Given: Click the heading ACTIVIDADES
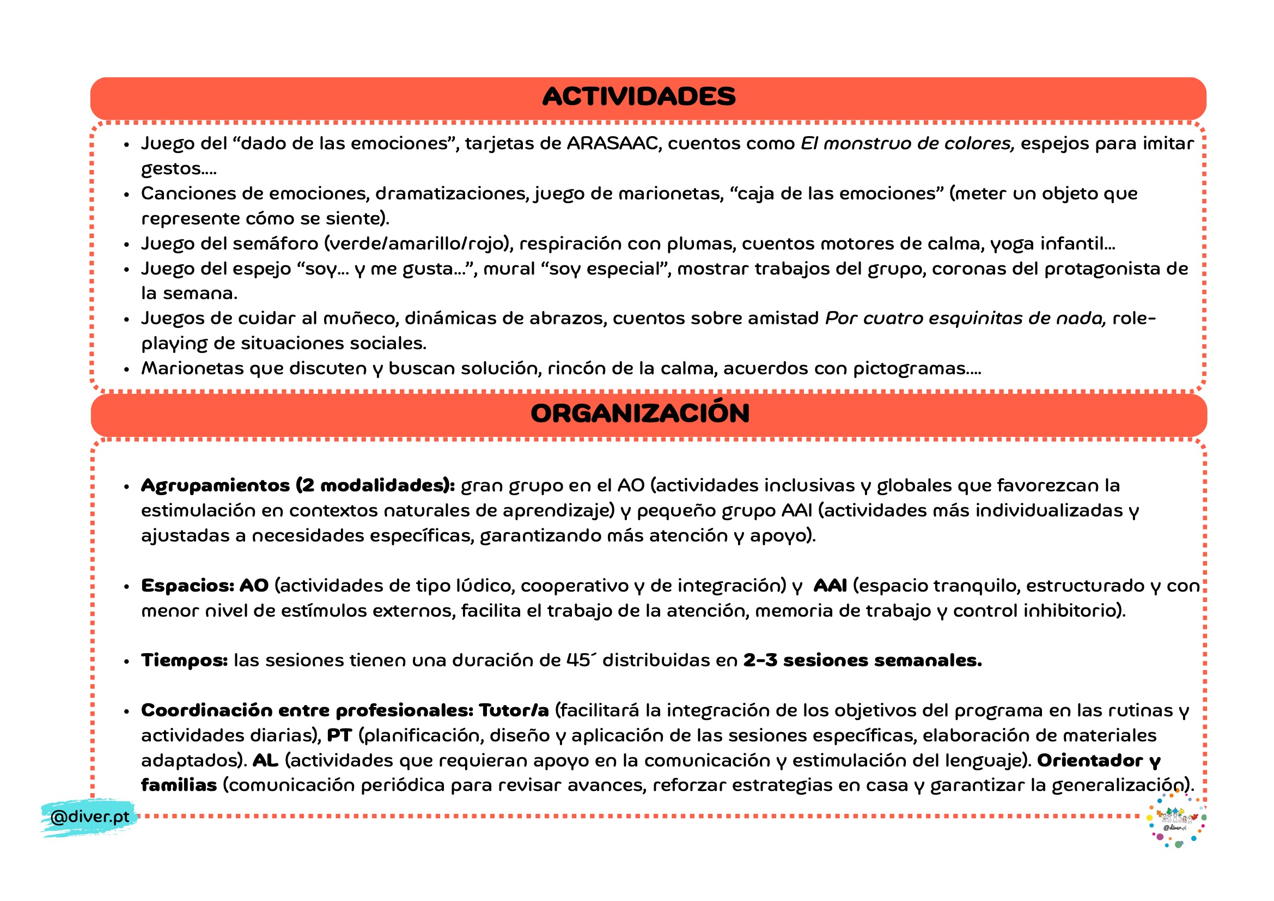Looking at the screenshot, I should pyautogui.click(x=639, y=96).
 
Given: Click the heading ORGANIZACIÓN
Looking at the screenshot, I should pyautogui.click(x=640, y=413).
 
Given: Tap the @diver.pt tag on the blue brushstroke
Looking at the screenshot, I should pyautogui.click(x=89, y=817).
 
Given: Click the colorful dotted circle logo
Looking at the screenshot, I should pyautogui.click(x=1175, y=819).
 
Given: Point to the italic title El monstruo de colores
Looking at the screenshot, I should pyautogui.click(x=907, y=144).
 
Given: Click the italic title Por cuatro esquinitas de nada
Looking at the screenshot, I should pyautogui.click(x=966, y=319).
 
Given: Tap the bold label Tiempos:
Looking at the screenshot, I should pyautogui.click(x=184, y=661).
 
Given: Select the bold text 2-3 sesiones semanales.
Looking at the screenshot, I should pyautogui.click(x=862, y=661).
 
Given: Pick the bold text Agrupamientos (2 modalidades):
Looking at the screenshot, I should pyautogui.click(x=297, y=486).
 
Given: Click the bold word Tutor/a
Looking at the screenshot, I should pyautogui.click(x=514, y=711).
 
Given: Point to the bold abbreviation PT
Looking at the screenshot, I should pyautogui.click(x=339, y=735).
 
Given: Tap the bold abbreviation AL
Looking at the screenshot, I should pyautogui.click(x=265, y=760).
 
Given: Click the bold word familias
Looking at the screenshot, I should pyautogui.click(x=179, y=786).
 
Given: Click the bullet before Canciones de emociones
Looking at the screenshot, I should pyautogui.click(x=126, y=194).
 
